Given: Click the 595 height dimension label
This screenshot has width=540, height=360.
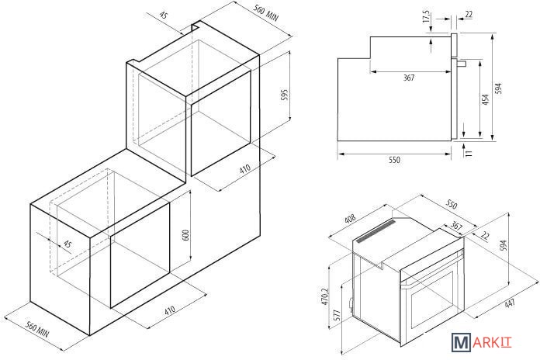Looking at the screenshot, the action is point(284,95).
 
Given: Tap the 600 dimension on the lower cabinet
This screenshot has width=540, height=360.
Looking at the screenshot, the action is point(185,235).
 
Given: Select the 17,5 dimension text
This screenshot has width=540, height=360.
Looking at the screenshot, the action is point(427,16).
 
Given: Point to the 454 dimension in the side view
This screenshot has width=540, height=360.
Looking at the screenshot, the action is point(485,99).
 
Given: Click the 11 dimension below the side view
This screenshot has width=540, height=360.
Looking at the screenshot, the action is point(469,154).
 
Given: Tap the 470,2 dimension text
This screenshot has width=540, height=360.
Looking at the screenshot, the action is point(325,296).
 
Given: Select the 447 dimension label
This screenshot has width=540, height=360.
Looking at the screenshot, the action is point(510,303).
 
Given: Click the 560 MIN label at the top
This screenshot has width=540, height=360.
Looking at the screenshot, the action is point(266,12).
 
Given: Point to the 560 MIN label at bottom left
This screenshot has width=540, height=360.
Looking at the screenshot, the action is point(38,330).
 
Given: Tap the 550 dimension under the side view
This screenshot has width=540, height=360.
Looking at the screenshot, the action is point(395,160).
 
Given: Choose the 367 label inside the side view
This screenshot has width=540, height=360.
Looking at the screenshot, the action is point(409,78).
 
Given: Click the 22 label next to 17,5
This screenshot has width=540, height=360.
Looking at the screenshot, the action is point(469,15).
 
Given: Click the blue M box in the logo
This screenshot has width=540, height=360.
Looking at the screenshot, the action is point(461,342).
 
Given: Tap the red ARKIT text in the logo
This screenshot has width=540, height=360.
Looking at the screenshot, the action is point(492,342).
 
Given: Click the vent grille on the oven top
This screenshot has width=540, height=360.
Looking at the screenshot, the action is point(376,231).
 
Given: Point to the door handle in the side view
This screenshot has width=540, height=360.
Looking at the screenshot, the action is point(462,64).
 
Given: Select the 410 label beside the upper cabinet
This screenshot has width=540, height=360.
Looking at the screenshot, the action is point(245,169).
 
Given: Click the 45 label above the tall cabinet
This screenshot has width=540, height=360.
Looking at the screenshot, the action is point(164,16).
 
